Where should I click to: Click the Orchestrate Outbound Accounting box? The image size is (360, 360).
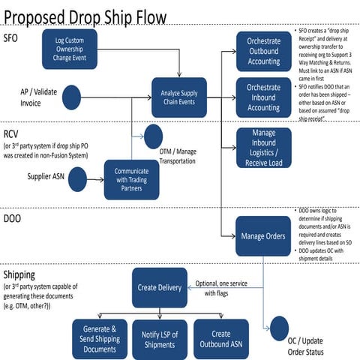(x=263, y=49)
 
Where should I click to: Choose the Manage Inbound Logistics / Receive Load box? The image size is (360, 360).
(x=263, y=147)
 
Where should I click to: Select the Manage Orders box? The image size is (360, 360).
(x=263, y=235)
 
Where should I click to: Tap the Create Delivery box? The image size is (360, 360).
(x=159, y=286)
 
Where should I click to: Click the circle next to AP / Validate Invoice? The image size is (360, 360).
(x=71, y=96)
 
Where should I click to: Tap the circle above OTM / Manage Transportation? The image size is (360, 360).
(x=154, y=135)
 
